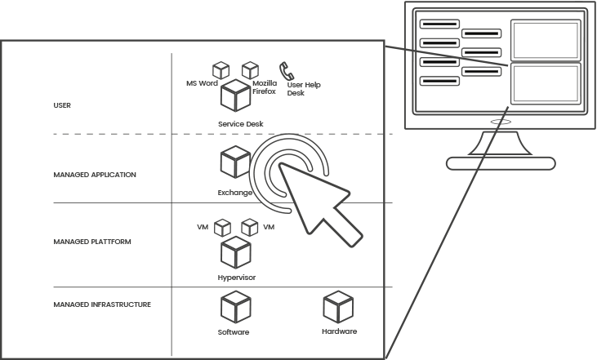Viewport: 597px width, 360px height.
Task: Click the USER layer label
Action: tap(63, 105)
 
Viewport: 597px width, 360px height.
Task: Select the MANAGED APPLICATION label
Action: tap(95, 175)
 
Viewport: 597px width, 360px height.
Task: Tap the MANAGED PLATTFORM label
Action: tap(92, 242)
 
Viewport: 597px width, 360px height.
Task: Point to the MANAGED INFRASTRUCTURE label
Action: tap(102, 304)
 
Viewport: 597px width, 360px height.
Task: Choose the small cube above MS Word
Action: tap(221, 71)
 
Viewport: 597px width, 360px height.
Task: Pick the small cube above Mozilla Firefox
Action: tap(250, 71)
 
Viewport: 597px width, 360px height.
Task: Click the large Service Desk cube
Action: tap(236, 96)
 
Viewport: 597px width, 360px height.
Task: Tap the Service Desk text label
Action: tap(241, 124)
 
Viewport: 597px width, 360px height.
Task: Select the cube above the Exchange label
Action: tap(235, 161)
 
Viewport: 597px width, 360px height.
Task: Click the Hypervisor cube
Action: tap(235, 252)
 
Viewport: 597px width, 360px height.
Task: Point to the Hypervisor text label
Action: tap(238, 278)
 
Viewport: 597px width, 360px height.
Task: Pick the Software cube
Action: tap(235, 308)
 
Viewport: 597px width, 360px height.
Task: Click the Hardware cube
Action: tap(338, 307)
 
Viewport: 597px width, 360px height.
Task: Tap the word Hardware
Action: tap(339, 332)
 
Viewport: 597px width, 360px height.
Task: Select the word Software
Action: tap(234, 333)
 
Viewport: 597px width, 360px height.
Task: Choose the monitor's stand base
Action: tap(501, 163)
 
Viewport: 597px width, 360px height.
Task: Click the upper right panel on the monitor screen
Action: tap(545, 40)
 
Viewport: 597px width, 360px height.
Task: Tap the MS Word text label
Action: tap(202, 83)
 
